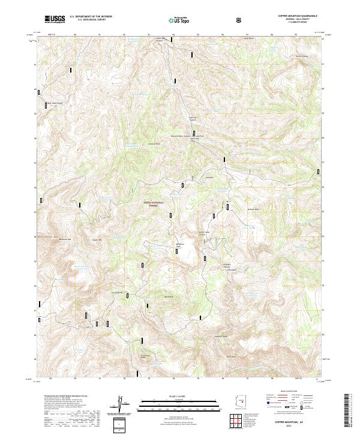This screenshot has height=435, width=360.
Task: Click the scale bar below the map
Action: [x=180, y=404]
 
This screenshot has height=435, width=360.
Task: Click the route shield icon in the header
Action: [x=239, y=20]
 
